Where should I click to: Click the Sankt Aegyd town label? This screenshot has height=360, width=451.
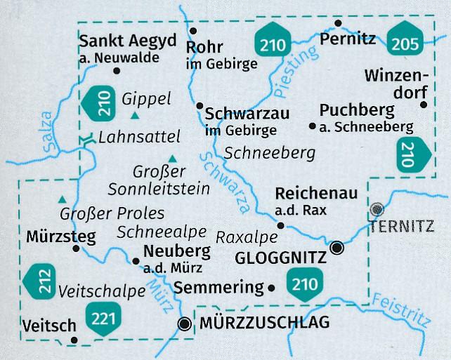click(x=129, y=41)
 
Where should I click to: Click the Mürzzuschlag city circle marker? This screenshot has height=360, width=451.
click(x=185, y=324)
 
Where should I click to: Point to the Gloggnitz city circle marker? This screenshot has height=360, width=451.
click(x=338, y=247)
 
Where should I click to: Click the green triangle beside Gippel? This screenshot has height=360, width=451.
click(x=134, y=115)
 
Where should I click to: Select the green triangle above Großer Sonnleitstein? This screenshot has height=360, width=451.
click(x=171, y=158)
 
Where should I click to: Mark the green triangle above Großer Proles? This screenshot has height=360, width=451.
click(x=63, y=199)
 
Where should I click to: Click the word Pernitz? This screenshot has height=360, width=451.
click(x=348, y=41)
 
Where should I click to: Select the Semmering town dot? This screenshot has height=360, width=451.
click(x=271, y=287)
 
